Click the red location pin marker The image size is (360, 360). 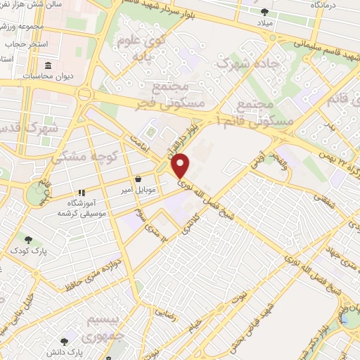click(x=181, y=166)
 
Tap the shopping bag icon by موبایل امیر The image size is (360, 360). click(x=139, y=179)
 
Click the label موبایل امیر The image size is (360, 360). click(x=139, y=190)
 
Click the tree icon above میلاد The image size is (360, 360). click(x=264, y=11)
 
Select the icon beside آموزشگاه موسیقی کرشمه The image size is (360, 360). click(x=82, y=192)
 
